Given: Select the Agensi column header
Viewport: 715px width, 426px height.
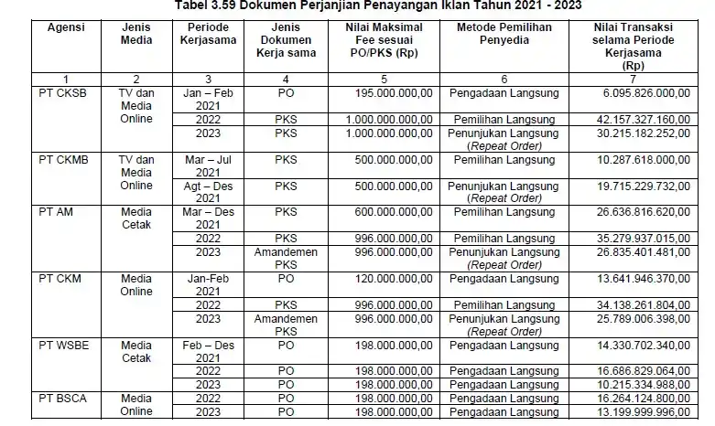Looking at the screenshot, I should pyautogui.click(x=65, y=27).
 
